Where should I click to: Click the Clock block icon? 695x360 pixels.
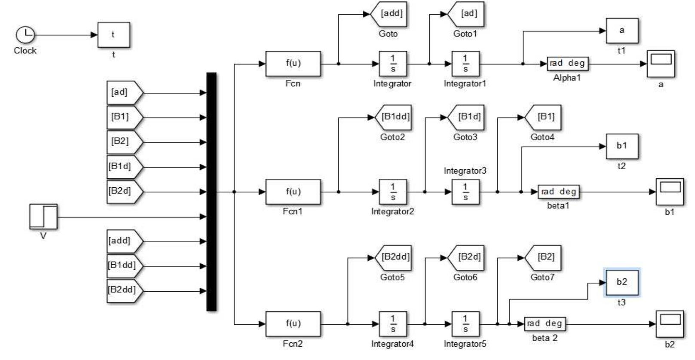pyautogui.click(x=25, y=35)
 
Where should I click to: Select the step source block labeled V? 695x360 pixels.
pyautogui.click(x=43, y=217)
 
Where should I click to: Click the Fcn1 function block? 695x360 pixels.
pyautogui.click(x=293, y=192)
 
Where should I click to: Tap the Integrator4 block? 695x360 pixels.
pyautogui.click(x=392, y=324)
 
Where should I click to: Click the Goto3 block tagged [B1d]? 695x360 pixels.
pyautogui.click(x=467, y=117)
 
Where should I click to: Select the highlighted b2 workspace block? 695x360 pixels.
pyautogui.click(x=622, y=282)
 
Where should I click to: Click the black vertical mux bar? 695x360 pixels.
pyautogui.click(x=211, y=191)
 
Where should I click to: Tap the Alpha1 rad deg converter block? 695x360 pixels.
pyautogui.click(x=567, y=64)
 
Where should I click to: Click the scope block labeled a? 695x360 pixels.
pyautogui.click(x=661, y=64)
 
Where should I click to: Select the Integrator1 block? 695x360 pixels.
pyautogui.click(x=465, y=64)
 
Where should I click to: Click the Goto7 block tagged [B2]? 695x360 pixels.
pyautogui.click(x=544, y=257)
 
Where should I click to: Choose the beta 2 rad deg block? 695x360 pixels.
pyautogui.click(x=545, y=323)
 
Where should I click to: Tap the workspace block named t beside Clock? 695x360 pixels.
pyautogui.click(x=113, y=35)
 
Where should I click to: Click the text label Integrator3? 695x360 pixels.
pyautogui.click(x=465, y=171)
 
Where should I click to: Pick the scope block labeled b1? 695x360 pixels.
pyautogui.click(x=670, y=191)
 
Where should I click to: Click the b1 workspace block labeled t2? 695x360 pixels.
pyautogui.click(x=622, y=146)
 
